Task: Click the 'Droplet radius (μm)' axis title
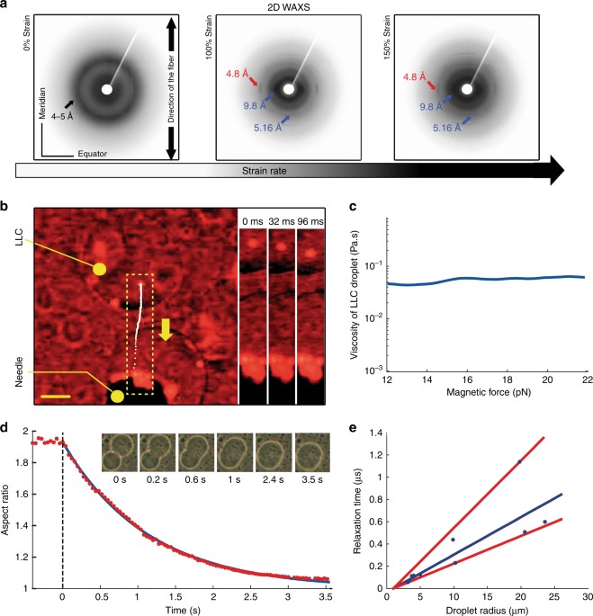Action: pos(485,609)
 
